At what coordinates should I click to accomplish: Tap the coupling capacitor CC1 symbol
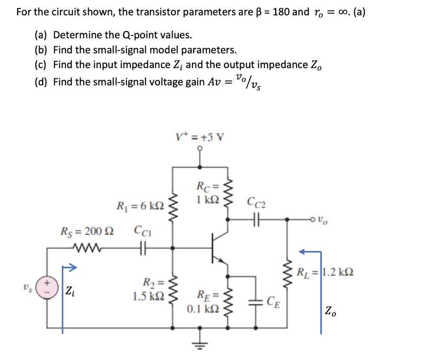[x=140, y=247]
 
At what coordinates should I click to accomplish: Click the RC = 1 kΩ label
[x=207, y=192]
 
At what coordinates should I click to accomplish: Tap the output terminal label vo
[x=324, y=221]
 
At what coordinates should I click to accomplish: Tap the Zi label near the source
[x=69, y=291]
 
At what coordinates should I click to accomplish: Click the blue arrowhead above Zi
[x=71, y=268]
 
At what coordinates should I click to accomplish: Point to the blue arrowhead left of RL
[x=302, y=252]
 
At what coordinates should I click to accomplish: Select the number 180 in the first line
[x=281, y=12]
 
